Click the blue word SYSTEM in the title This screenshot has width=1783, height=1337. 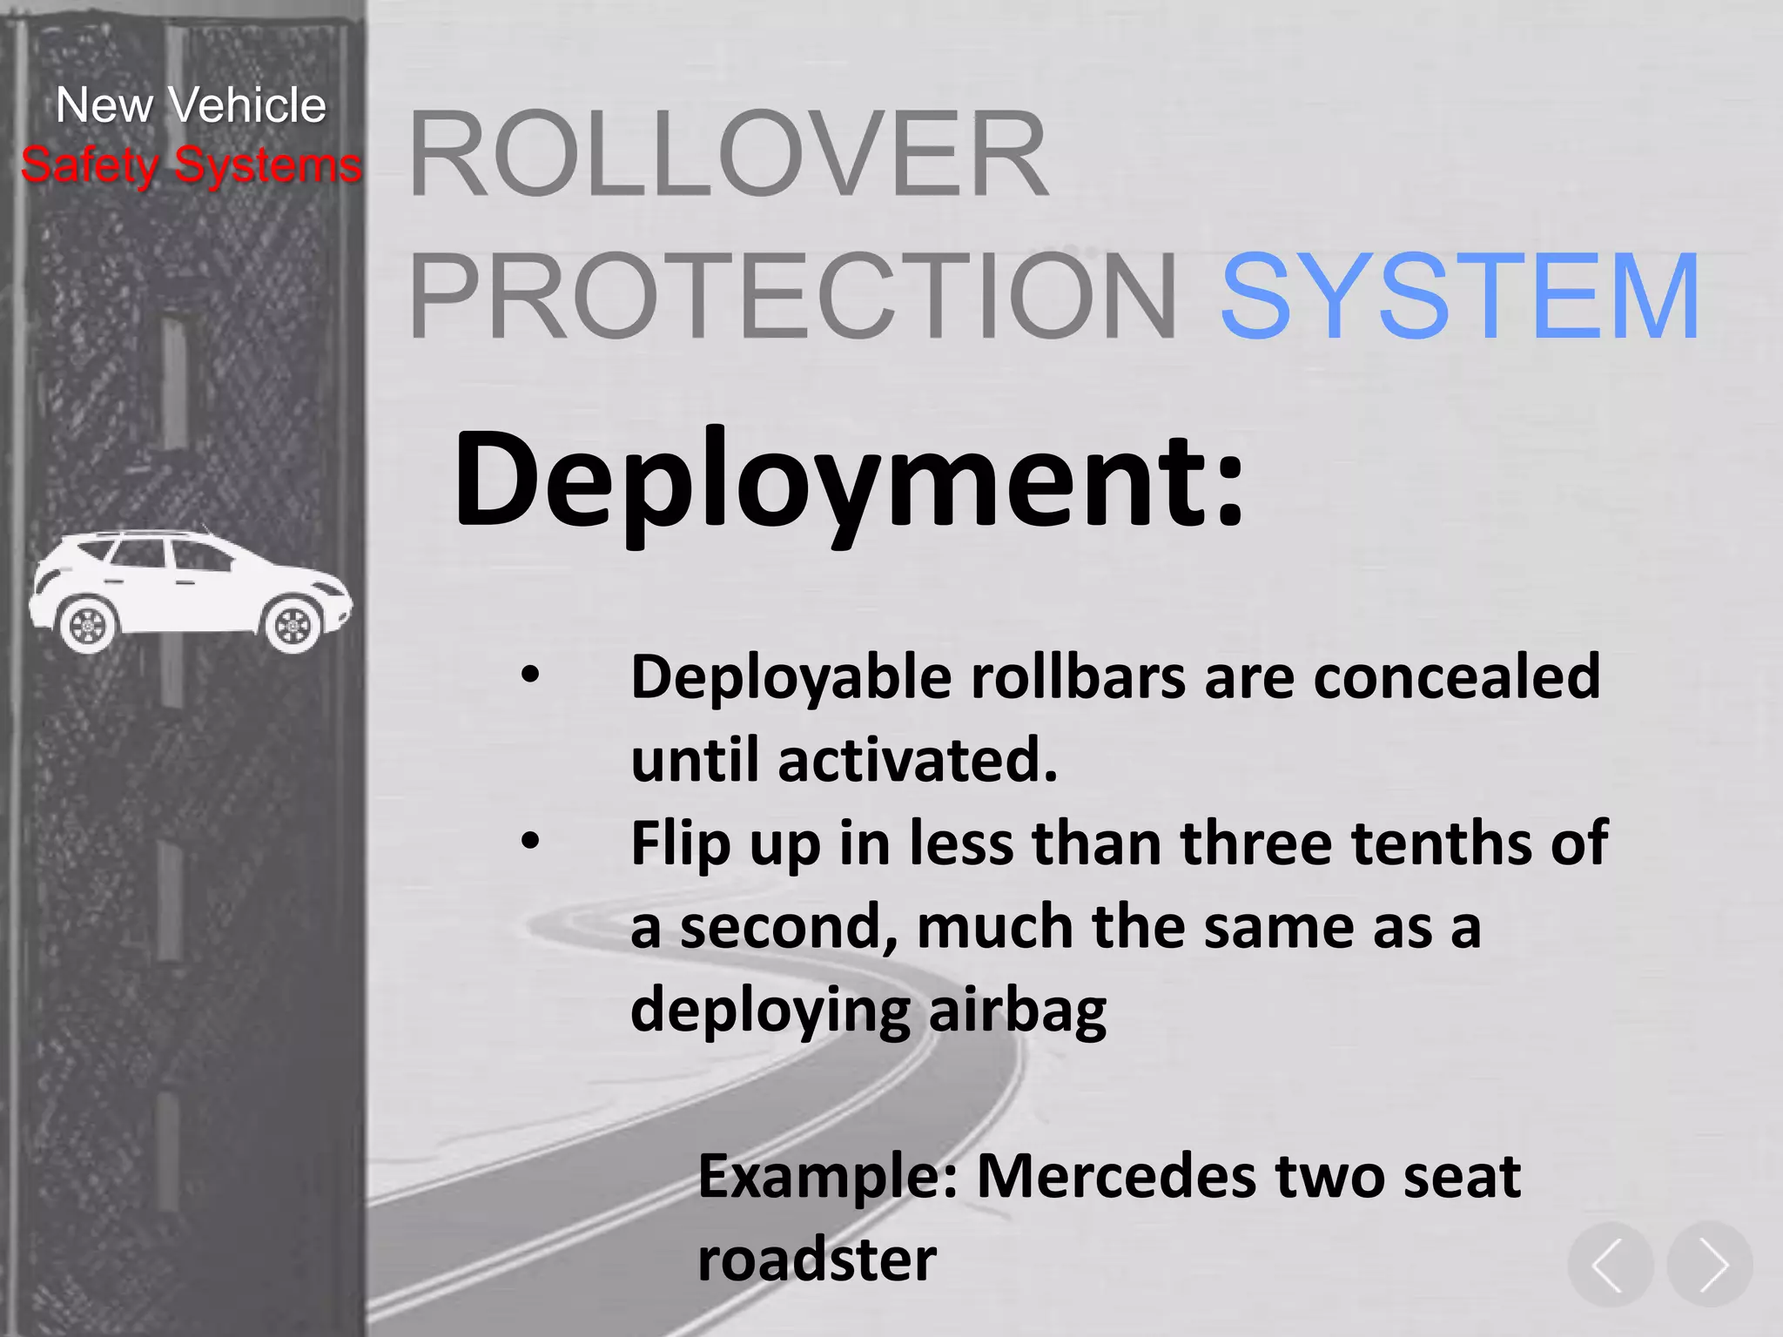tap(1460, 296)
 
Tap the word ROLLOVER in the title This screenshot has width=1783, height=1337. tap(728, 154)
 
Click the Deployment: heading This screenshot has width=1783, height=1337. tap(849, 480)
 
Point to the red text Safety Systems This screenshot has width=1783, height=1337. tap(191, 165)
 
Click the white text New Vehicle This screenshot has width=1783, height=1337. tap(191, 105)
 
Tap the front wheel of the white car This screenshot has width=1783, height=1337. tap(293, 624)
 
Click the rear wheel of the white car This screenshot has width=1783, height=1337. tap(87, 623)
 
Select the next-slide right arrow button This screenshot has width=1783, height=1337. tap(1710, 1264)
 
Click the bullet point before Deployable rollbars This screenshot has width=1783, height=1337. tap(530, 675)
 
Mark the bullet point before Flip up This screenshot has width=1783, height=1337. tap(530, 841)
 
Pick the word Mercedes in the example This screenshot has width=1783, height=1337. tap(1116, 1176)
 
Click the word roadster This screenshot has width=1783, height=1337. tap(817, 1259)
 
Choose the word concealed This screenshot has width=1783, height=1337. tap(1456, 676)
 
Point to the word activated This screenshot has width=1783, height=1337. tap(917, 759)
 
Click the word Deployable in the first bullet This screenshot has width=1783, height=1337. tap(791, 678)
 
